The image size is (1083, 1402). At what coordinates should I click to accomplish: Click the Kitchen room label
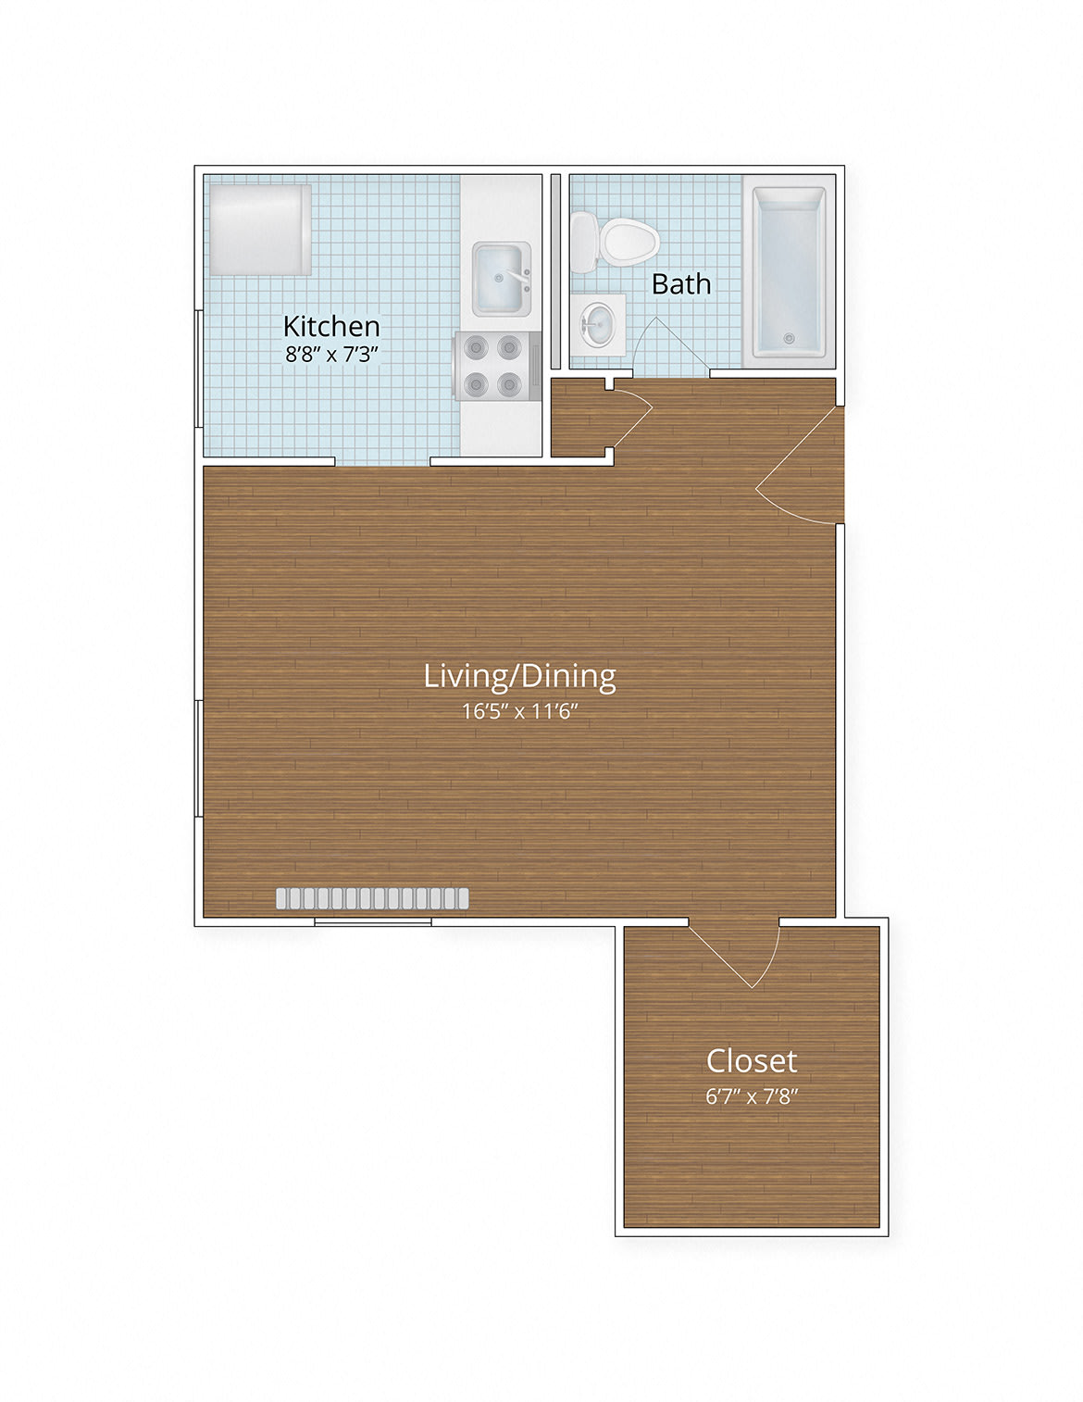tap(331, 327)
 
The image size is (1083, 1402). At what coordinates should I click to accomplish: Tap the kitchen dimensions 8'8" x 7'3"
tap(331, 355)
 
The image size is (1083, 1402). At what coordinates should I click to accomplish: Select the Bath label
tap(680, 284)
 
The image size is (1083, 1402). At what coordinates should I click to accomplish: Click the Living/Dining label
tap(519, 677)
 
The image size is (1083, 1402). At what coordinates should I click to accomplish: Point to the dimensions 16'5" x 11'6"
tap(519, 711)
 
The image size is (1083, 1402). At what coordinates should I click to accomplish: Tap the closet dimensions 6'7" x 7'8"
tap(752, 1096)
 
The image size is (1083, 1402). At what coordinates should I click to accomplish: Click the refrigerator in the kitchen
tap(260, 231)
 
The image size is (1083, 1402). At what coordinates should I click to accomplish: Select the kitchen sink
tap(503, 279)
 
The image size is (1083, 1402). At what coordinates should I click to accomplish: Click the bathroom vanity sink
tap(598, 324)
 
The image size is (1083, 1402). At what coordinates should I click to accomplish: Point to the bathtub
tap(789, 272)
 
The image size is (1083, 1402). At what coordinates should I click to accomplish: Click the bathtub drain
tap(788, 337)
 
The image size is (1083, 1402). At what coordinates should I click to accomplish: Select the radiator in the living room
tap(373, 899)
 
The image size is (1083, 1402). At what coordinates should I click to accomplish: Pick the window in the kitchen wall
tap(199, 369)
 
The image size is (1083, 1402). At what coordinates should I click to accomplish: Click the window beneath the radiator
tap(373, 922)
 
